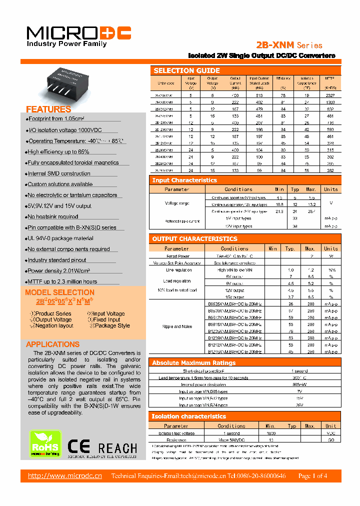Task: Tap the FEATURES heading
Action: (48, 109)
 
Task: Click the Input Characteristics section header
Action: (184, 180)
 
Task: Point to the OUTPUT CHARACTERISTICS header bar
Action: (194, 239)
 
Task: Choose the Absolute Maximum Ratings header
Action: (193, 363)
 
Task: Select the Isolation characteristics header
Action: (189, 416)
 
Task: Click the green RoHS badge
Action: (45, 444)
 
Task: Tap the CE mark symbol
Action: (79, 446)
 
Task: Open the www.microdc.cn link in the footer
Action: (65, 475)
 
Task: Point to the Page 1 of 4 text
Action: (312, 475)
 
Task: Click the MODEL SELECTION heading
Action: (59, 292)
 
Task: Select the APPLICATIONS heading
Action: (52, 344)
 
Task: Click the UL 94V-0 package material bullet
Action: (60, 238)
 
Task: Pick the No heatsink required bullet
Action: (53, 217)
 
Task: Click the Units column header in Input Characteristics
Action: (330, 189)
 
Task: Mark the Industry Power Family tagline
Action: (66, 44)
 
